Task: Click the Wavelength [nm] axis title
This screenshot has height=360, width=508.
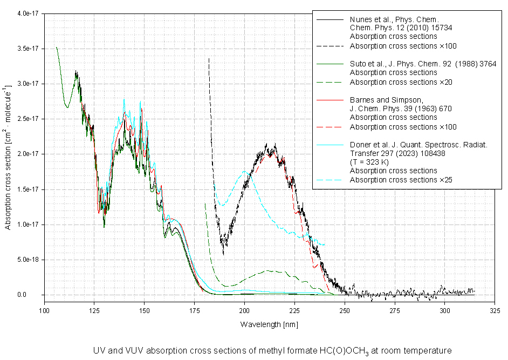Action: point(269,325)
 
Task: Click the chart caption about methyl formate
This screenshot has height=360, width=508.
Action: point(272,350)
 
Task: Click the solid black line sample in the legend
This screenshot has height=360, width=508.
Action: point(330,19)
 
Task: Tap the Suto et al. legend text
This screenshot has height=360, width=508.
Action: point(401,64)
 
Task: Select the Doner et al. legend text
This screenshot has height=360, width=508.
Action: point(418,145)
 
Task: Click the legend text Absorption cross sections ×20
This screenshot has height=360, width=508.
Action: point(401,82)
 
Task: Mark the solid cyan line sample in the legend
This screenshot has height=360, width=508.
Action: point(330,145)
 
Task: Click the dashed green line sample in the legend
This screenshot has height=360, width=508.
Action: point(330,82)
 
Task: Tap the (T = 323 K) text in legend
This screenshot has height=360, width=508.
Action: point(370,162)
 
